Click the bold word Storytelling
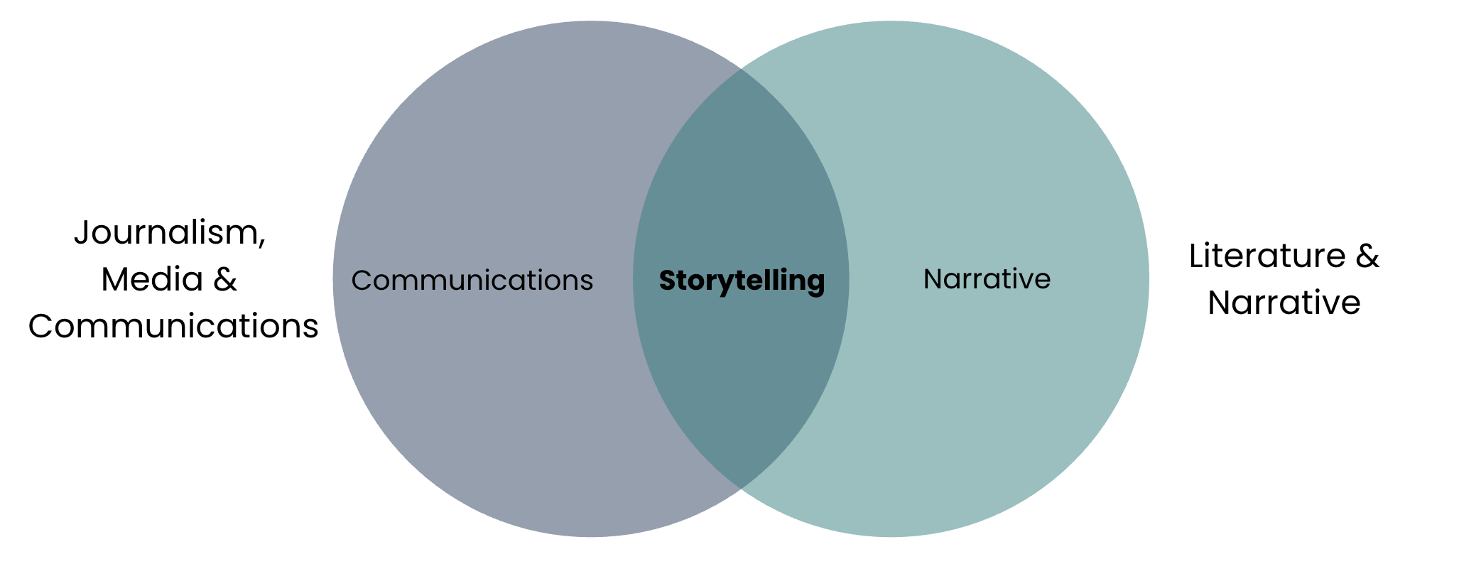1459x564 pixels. [x=742, y=281]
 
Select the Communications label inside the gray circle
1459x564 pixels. [x=472, y=281]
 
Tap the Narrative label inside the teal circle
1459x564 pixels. [x=987, y=279]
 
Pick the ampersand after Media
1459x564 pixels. [x=225, y=279]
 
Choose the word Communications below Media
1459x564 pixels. [x=173, y=327]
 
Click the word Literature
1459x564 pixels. [x=1267, y=256]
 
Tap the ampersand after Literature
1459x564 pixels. [x=1367, y=256]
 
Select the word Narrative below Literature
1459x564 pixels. [x=1284, y=303]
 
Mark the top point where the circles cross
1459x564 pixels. [x=741, y=69]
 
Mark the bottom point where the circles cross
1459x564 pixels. [x=741, y=489]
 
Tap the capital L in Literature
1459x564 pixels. [x=1198, y=256]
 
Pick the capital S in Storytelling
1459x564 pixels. [x=668, y=281]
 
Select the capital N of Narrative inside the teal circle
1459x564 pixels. [x=932, y=279]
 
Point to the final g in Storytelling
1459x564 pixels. [x=817, y=284]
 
